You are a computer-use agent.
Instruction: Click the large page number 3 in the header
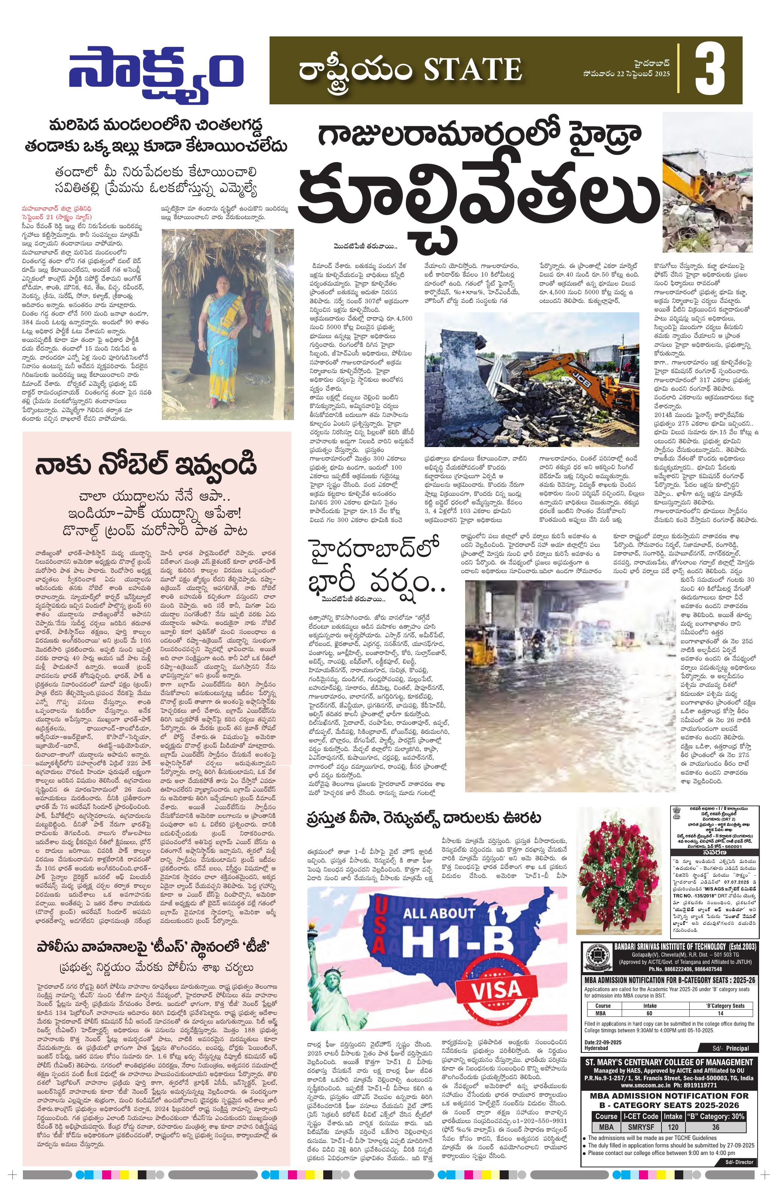pos(710,71)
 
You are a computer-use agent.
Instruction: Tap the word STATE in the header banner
pos(472,70)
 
